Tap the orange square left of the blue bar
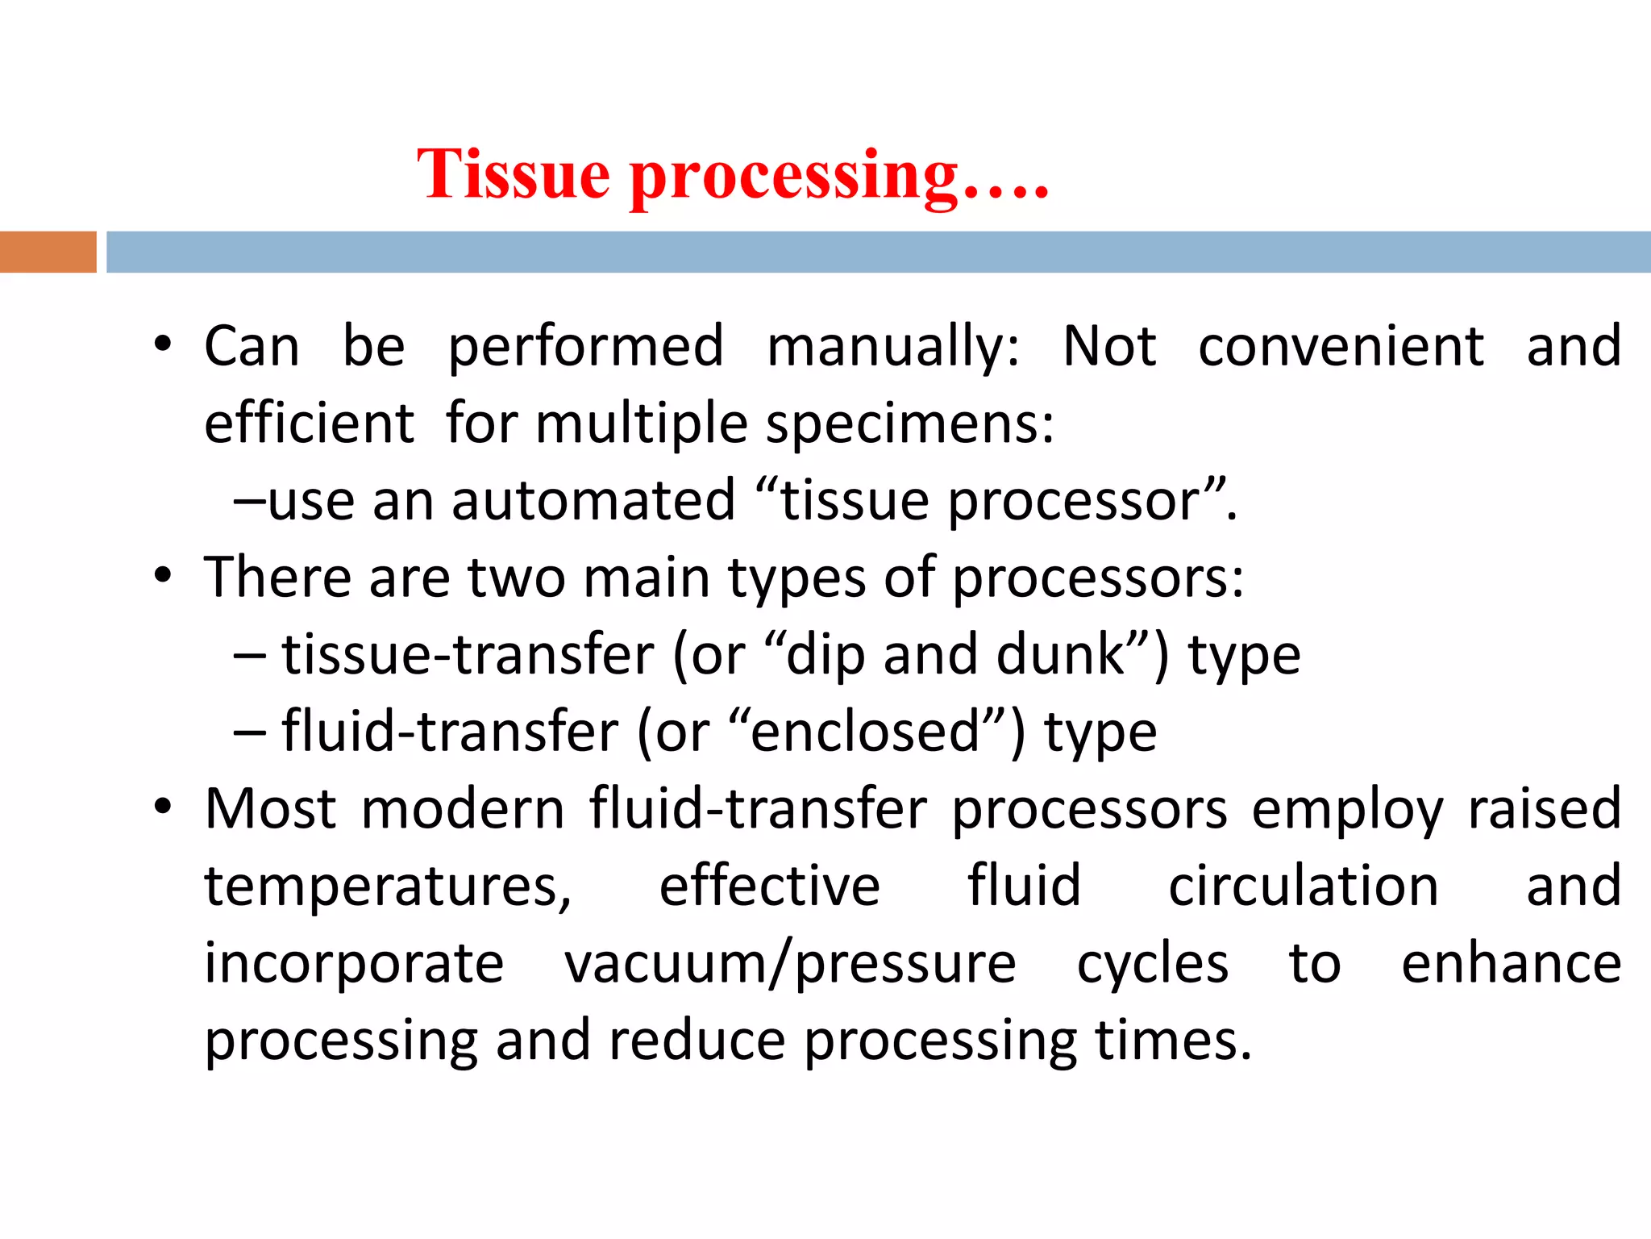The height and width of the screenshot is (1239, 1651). (48, 252)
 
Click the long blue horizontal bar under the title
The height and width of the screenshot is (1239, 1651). (878, 252)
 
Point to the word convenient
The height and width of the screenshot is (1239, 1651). (1341, 347)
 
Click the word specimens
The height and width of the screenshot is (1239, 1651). (909, 423)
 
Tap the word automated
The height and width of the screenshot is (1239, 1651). (593, 501)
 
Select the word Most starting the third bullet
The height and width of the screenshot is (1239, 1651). (270, 808)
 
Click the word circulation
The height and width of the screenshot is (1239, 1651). (1303, 886)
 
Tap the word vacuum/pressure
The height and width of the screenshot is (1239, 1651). (790, 963)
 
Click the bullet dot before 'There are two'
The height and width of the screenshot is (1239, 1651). (164, 576)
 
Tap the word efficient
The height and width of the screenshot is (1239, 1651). (309, 423)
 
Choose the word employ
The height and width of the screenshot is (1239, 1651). (1346, 810)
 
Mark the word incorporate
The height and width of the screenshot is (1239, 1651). (354, 963)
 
